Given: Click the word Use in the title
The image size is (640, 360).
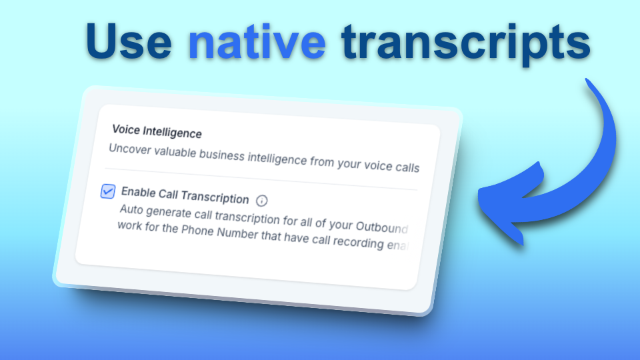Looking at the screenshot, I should click(129, 41).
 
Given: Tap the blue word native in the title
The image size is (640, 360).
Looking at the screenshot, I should click(257, 41).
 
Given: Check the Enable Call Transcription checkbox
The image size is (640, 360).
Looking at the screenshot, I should click(107, 191).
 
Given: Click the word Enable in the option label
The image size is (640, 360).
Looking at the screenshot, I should click(139, 193).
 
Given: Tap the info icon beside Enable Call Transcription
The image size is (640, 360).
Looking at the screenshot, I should click(262, 200).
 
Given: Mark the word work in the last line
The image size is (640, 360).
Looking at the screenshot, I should click(131, 226).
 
